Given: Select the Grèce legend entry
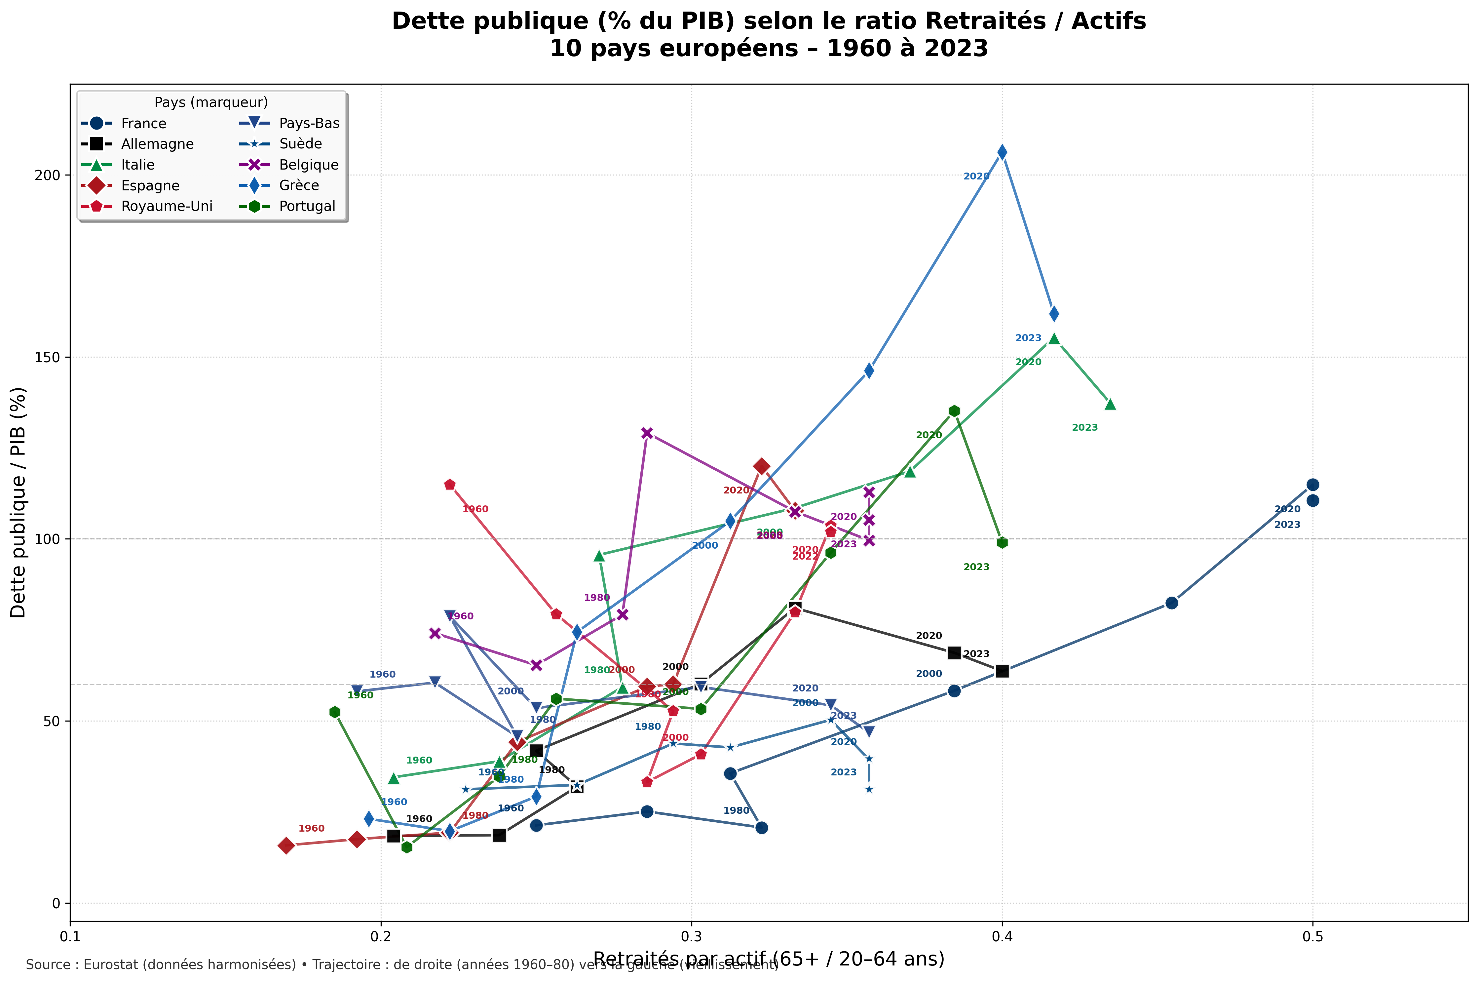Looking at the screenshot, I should (299, 185).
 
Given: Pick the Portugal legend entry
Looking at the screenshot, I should (307, 206).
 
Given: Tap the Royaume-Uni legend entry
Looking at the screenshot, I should (167, 206).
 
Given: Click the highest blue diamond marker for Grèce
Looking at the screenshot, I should (1002, 152).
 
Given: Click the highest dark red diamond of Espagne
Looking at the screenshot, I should (761, 466).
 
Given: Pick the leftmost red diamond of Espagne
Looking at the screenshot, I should (286, 845).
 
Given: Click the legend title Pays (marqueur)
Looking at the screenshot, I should (211, 102).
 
